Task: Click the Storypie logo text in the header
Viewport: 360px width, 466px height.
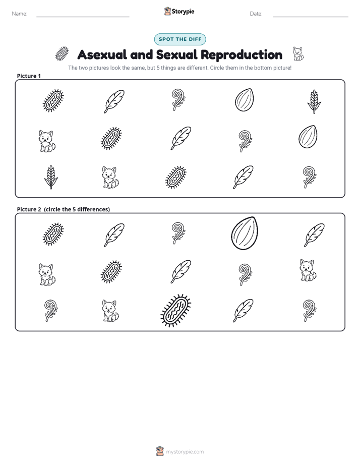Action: coord(183,12)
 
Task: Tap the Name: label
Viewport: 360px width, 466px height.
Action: coord(20,14)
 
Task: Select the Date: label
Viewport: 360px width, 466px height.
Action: coord(256,14)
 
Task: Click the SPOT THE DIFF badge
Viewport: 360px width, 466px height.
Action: coord(180,39)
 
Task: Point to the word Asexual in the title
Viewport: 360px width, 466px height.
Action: coord(102,54)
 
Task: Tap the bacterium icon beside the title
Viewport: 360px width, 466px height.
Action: coord(62,54)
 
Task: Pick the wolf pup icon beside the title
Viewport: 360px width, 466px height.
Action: coord(297,54)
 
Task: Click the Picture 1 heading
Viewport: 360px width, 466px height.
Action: coord(29,76)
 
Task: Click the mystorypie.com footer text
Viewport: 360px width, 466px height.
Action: coord(185,452)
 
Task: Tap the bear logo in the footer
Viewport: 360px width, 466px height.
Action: coord(160,451)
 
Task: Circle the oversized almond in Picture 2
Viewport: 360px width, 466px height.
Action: coord(245,233)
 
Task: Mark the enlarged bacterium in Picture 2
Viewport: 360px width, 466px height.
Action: coord(176,311)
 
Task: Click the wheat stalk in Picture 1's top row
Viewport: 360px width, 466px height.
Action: coord(314,102)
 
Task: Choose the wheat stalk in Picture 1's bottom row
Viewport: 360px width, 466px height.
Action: coord(51,178)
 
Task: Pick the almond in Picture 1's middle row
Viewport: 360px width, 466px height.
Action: coord(308,137)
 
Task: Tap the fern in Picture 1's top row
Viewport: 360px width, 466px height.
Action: coord(178,99)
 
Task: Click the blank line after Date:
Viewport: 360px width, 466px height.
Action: coord(311,17)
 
